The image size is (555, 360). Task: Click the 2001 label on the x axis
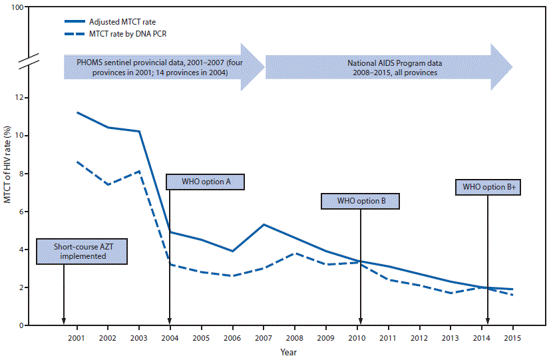[77, 338]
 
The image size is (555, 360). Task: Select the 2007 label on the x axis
[264, 338]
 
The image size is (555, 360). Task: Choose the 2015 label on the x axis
[512, 338]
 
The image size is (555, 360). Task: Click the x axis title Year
[288, 351]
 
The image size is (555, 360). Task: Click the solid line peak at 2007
[264, 224]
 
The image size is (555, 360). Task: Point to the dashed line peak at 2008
[295, 253]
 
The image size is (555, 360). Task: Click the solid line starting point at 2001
[77, 112]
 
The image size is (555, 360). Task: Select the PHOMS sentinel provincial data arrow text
[153, 67]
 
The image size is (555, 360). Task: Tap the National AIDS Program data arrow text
[394, 67]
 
